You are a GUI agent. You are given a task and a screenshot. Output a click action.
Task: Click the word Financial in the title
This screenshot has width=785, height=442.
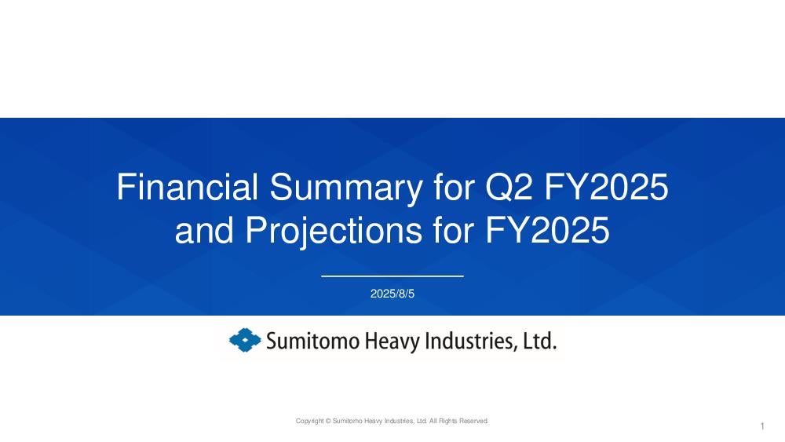tap(188, 187)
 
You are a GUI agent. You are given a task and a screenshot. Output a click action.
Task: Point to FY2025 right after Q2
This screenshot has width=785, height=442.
tap(606, 187)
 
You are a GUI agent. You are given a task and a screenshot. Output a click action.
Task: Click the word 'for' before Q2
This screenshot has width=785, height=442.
tap(454, 186)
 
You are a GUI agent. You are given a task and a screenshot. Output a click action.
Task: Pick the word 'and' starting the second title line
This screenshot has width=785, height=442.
tap(204, 230)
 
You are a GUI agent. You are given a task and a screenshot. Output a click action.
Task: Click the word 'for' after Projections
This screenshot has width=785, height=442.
tap(454, 230)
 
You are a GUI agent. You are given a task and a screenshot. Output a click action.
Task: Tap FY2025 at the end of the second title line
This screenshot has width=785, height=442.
tap(548, 230)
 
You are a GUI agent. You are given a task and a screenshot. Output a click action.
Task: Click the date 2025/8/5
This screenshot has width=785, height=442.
tap(392, 294)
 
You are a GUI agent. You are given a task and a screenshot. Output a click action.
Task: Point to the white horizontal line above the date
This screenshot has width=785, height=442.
tap(392, 276)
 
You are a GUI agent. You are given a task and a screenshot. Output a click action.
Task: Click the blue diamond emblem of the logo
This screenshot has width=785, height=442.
tap(245, 341)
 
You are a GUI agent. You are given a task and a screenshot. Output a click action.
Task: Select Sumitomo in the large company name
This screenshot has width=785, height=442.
tap(313, 342)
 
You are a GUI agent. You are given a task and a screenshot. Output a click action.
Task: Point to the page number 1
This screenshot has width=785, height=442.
tap(762, 426)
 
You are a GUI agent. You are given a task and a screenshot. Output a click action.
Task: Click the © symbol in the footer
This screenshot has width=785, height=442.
tap(328, 421)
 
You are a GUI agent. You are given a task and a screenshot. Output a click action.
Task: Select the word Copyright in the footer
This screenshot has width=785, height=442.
tap(310, 422)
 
